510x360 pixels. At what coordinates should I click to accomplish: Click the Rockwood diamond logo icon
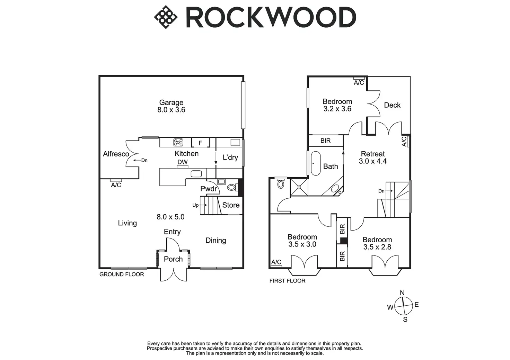pos(166,17)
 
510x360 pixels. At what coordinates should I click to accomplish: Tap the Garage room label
pos(171,102)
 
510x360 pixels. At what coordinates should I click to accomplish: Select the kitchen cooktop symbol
pos(178,142)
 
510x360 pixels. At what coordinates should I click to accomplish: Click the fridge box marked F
pos(200,143)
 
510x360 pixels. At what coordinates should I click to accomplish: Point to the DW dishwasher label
pos(183,162)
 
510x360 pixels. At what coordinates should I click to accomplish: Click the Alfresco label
pos(116,154)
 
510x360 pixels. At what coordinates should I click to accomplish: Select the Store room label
pos(231,205)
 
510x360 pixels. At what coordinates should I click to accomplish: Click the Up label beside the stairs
pos(195,205)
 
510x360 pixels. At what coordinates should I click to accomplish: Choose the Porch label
pos(173,259)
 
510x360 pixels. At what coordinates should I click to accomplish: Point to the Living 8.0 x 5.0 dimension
pos(170,217)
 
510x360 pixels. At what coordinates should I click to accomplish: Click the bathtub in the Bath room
pos(316,163)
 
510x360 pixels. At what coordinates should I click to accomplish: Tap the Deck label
pos(392,105)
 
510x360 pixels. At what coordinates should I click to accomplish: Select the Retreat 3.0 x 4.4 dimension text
pos(373,161)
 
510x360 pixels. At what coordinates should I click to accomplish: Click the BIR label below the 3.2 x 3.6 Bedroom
pos(325,141)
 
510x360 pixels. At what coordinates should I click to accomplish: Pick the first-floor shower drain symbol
pos(299,187)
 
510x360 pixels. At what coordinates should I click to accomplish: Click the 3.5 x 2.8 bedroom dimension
pos(377,247)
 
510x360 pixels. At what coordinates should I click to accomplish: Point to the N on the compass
pos(402,293)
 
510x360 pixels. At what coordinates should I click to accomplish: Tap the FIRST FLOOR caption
pos(287,281)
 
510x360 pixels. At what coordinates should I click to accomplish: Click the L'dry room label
pos(230,157)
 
